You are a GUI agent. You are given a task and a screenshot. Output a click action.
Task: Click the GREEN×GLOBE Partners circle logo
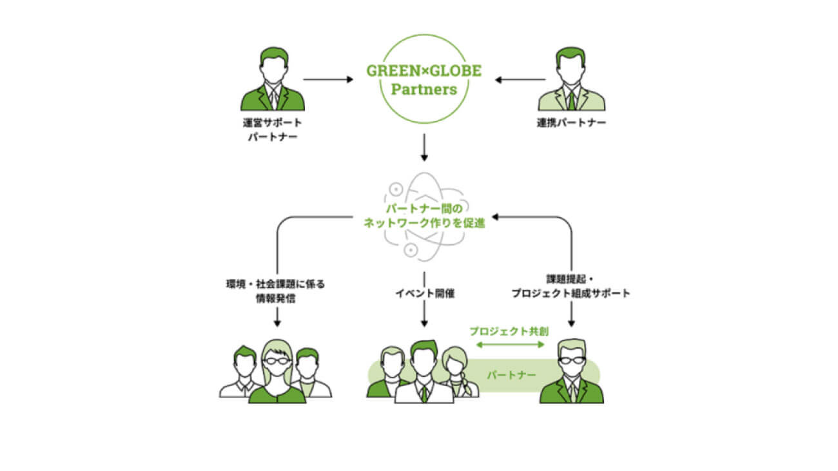coord(424,80)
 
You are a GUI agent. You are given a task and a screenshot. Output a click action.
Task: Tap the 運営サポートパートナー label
coord(272,129)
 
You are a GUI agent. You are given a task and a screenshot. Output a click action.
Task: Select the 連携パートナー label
coord(572,122)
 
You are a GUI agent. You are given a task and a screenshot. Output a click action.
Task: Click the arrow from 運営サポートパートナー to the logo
coord(328,80)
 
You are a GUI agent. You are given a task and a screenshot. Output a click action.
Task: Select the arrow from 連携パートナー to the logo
coord(520,80)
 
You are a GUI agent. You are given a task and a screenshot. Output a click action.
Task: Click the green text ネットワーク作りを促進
coord(424,225)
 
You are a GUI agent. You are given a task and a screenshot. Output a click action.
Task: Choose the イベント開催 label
coord(424,294)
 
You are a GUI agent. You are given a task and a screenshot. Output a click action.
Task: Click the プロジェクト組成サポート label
coord(571,294)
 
